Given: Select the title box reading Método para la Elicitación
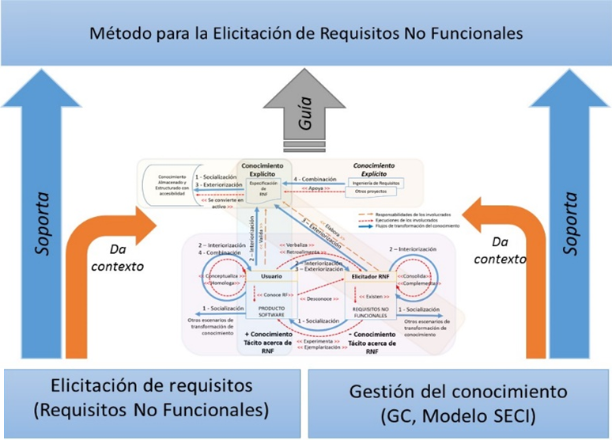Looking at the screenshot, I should tap(306, 34).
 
